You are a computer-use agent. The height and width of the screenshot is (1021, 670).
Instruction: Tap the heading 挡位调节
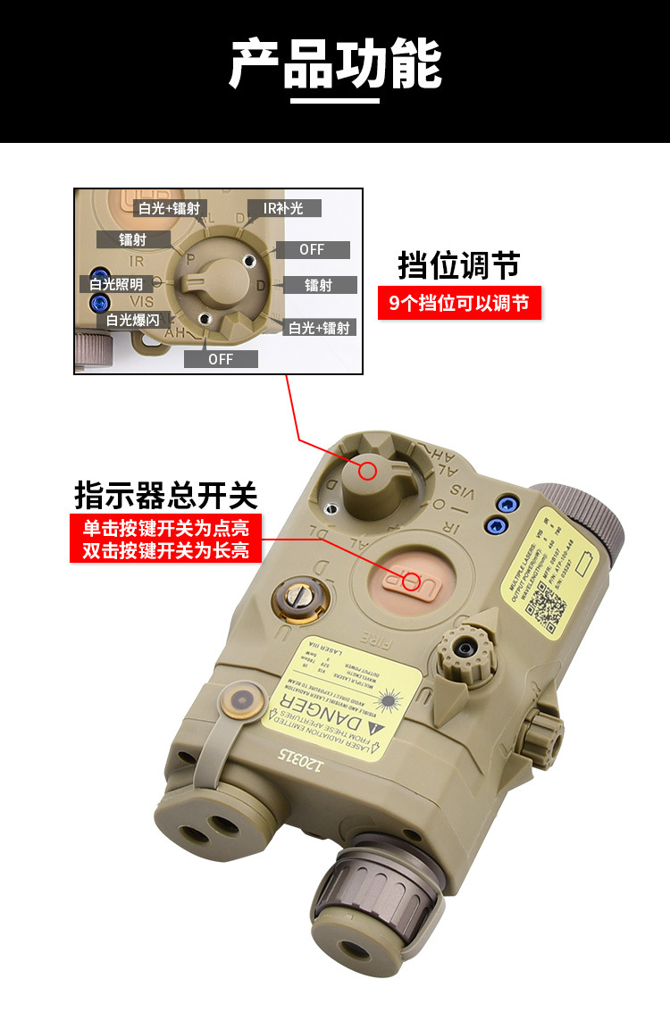click(458, 265)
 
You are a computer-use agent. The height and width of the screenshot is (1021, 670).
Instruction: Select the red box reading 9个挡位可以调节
click(459, 304)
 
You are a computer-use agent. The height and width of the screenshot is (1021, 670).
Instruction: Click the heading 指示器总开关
click(166, 494)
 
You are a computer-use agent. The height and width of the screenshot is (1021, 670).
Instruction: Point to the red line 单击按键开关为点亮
click(166, 527)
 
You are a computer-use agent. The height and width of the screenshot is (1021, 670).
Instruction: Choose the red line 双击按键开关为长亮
click(166, 550)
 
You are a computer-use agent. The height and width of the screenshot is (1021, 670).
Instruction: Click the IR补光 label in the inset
click(283, 208)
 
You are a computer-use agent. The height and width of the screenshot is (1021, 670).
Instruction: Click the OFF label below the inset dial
click(221, 359)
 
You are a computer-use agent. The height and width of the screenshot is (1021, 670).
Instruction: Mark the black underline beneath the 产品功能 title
click(335, 101)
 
